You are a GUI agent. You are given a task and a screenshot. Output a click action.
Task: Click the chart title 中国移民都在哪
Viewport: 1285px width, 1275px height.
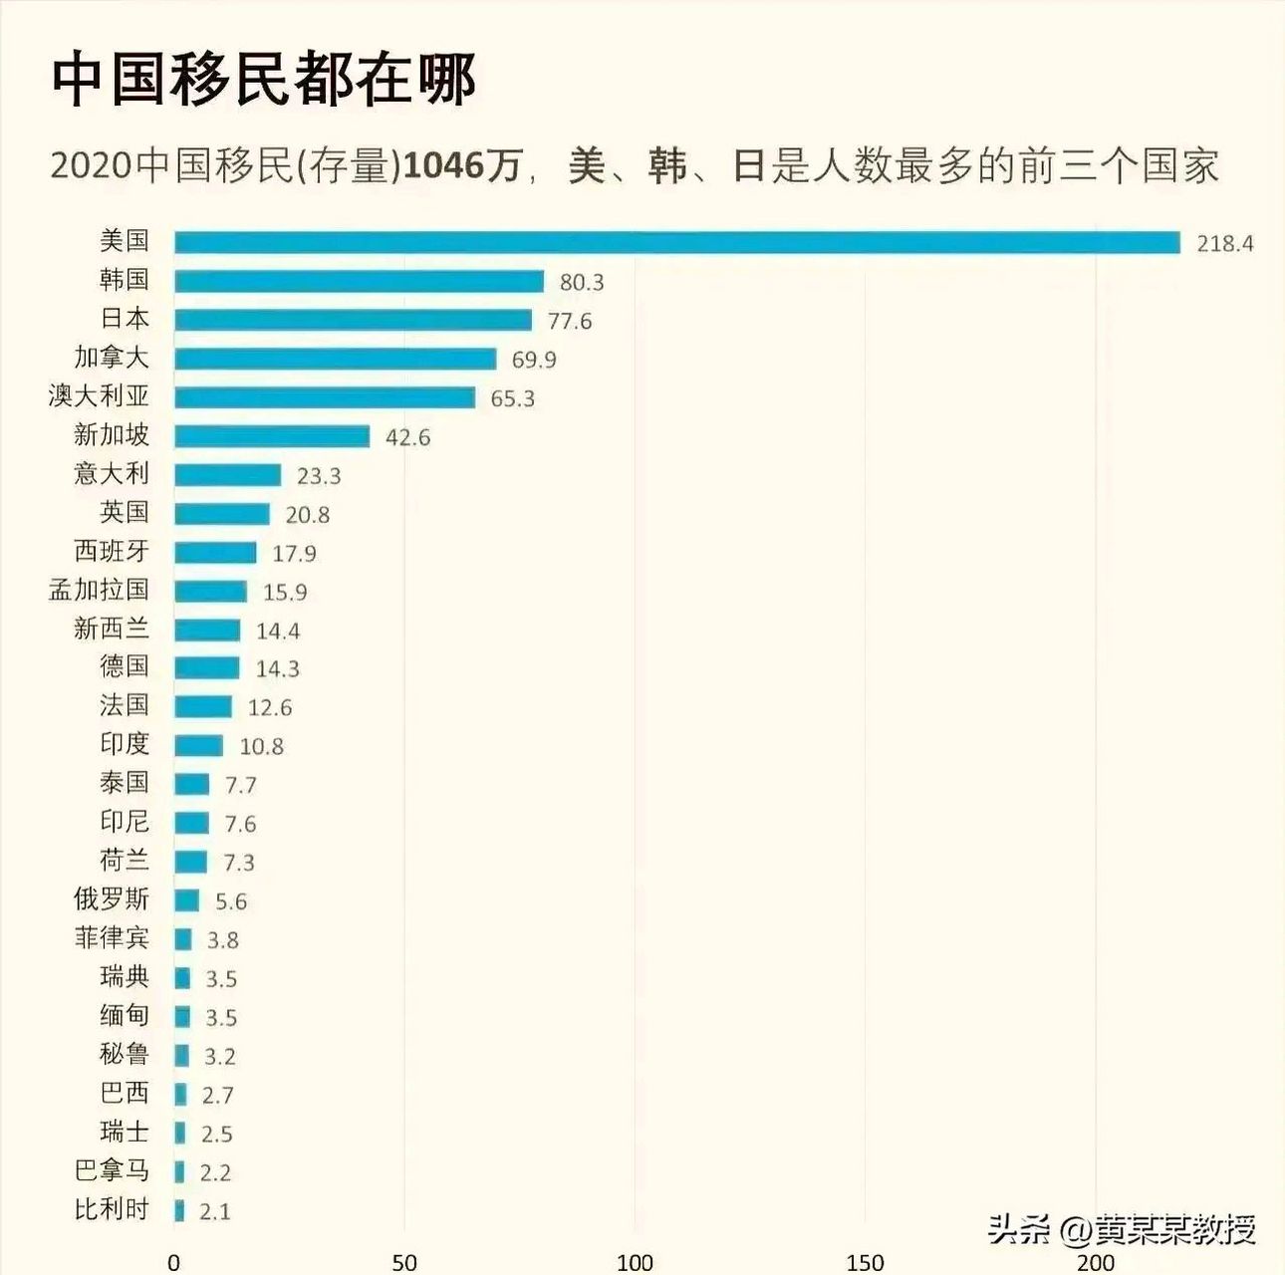(264, 80)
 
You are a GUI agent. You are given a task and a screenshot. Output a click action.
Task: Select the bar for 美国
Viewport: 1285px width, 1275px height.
(676, 242)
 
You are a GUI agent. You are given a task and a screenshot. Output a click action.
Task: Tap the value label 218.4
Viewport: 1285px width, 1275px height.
(1224, 243)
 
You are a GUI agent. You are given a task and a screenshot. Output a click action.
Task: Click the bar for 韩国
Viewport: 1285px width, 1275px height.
(359, 281)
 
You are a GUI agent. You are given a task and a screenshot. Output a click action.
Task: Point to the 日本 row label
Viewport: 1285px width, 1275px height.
(125, 319)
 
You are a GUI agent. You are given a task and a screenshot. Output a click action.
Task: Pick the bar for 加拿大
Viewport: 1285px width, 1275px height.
(335, 359)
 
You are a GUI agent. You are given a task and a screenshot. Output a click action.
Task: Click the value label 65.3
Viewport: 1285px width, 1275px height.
(512, 398)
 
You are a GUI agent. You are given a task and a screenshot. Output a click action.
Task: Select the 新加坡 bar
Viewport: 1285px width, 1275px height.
(272, 436)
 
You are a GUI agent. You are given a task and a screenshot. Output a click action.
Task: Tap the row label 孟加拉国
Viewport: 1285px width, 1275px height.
(99, 590)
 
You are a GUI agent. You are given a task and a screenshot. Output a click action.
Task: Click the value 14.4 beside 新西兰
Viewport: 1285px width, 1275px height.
(278, 631)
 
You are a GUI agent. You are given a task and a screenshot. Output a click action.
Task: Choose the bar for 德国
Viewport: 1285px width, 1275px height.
(207, 668)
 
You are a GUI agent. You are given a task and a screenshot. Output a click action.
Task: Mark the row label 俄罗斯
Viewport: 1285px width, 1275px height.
(112, 898)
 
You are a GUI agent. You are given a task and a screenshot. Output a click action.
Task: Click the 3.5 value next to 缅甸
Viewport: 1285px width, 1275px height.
(221, 1017)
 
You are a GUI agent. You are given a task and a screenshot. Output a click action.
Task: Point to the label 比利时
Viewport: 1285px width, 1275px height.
(112, 1209)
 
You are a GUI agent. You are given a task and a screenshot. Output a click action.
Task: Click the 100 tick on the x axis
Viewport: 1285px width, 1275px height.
(635, 1262)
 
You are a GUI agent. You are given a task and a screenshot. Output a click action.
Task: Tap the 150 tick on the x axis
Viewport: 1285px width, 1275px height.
(865, 1262)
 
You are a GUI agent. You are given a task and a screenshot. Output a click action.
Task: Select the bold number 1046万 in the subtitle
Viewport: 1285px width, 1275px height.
(462, 165)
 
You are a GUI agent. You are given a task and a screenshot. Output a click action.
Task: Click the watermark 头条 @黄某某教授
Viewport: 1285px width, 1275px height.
(1121, 1229)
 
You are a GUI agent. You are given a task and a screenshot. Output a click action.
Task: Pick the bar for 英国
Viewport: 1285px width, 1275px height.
(222, 514)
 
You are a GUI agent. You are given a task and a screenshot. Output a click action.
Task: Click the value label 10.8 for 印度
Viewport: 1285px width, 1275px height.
(261, 746)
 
